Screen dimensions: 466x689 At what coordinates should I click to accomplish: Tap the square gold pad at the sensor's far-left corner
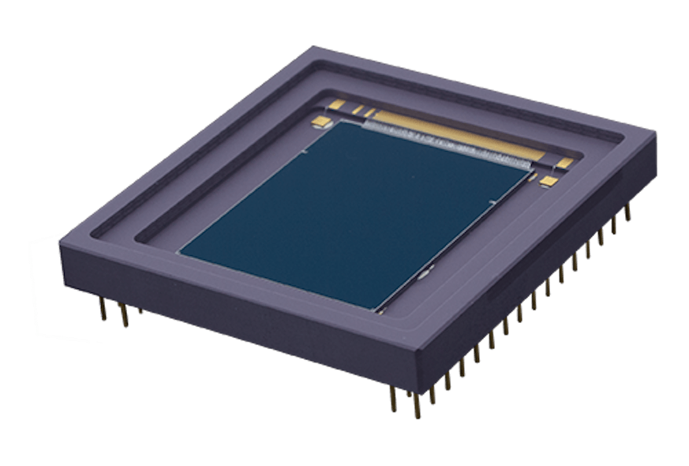321,121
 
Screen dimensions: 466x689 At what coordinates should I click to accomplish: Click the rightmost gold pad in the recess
565,163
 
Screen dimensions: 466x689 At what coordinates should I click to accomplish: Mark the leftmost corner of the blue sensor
179,253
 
